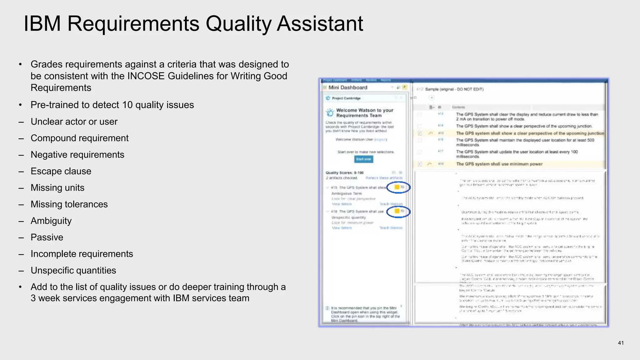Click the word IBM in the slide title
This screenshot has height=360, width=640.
click(x=42, y=24)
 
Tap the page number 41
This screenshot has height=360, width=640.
click(x=621, y=343)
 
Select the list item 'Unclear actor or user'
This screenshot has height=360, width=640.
click(x=74, y=122)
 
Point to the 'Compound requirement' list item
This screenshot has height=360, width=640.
click(x=79, y=138)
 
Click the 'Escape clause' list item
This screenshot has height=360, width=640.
click(x=61, y=171)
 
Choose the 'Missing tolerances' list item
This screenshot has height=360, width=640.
click(x=69, y=204)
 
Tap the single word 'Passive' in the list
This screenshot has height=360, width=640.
click(x=47, y=237)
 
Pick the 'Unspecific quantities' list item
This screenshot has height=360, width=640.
click(x=73, y=271)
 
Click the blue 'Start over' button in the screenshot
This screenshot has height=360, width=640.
click(x=363, y=159)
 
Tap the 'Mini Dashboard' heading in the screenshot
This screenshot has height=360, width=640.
click(x=348, y=87)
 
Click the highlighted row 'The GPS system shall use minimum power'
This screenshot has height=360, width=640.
click(x=499, y=164)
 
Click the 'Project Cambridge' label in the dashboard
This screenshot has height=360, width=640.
click(x=346, y=98)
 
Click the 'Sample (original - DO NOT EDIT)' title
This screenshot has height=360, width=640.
click(x=454, y=89)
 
